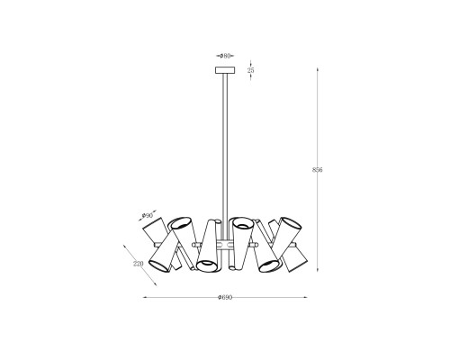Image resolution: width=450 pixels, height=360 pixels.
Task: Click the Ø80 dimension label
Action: [x=225, y=56]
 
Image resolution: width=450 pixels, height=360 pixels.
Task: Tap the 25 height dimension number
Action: [x=251, y=70]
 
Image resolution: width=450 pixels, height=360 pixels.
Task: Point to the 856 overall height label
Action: [x=318, y=170]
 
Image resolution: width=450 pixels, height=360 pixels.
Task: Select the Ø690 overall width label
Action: [x=225, y=297]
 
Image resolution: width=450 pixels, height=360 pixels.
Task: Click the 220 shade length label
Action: [x=139, y=264]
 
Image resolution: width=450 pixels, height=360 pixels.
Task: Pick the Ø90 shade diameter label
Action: [x=148, y=215]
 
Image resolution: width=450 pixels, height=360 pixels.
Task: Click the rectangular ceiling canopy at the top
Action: [x=225, y=70]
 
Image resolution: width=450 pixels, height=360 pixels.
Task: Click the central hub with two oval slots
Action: [x=225, y=244]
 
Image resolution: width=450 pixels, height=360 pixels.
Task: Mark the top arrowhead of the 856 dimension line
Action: [x=318, y=70]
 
